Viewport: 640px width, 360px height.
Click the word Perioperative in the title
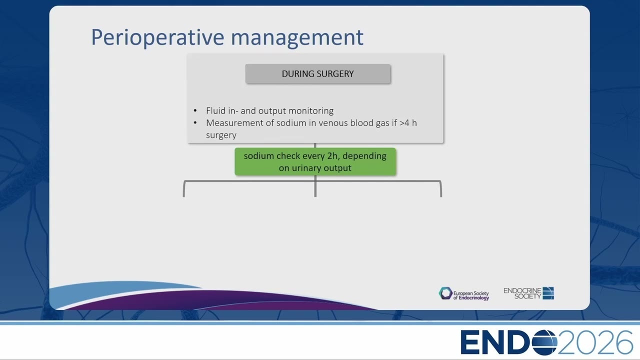pyautogui.click(x=157, y=37)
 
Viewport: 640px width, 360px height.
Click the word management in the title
pyautogui.click(x=297, y=37)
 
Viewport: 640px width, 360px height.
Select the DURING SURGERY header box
pyautogui.click(x=317, y=73)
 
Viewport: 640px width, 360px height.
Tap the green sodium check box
pyautogui.click(x=315, y=161)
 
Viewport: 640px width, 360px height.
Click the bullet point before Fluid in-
pyautogui.click(x=195, y=110)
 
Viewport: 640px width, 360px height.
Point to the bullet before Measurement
pyautogui.click(x=195, y=123)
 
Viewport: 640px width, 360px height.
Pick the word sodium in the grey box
pyautogui.click(x=287, y=123)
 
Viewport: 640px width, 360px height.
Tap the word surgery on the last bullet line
pyautogui.click(x=221, y=135)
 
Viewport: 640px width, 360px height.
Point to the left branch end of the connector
pyautogui.click(x=183, y=196)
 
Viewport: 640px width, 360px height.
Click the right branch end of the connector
pyautogui.click(x=441, y=196)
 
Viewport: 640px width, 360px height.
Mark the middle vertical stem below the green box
pyautogui.click(x=315, y=186)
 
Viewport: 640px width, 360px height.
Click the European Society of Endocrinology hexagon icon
pyautogui.click(x=445, y=293)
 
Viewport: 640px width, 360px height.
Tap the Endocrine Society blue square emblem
pyautogui.click(x=548, y=293)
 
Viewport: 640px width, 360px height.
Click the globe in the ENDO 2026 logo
pyautogui.click(x=544, y=342)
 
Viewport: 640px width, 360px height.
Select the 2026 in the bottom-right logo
pyautogui.click(x=595, y=342)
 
